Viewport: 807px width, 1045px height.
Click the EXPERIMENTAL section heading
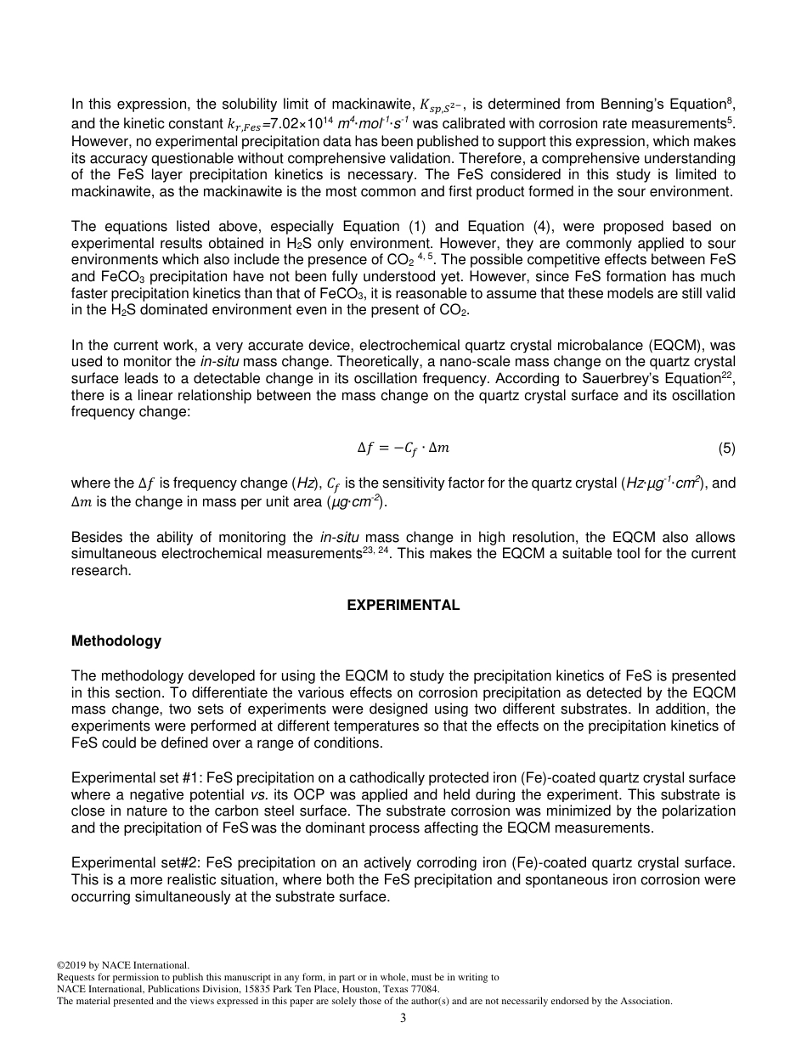403,606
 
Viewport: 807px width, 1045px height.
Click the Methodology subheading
116,641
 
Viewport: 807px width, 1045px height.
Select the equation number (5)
726,448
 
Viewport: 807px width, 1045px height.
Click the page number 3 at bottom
403,1018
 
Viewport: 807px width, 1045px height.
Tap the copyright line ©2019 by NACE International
122,965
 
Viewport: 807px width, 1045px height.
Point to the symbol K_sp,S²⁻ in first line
442,106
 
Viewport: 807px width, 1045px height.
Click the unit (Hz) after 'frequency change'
304,483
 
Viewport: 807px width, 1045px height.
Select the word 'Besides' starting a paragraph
94,538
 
